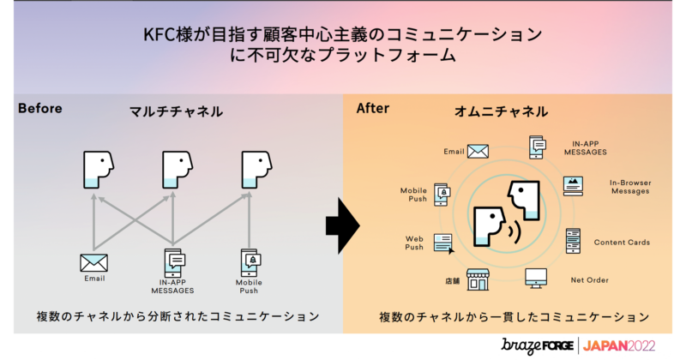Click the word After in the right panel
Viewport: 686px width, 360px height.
click(372, 109)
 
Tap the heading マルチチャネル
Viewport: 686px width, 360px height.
click(176, 111)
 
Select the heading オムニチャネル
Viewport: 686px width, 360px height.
click(502, 112)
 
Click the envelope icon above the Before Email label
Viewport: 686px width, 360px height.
click(93, 262)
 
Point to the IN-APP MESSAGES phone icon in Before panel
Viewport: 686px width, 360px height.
click(174, 261)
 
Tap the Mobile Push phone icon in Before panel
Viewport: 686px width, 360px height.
click(250, 261)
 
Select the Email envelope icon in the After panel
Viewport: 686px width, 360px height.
click(478, 151)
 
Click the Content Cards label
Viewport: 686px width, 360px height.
click(622, 243)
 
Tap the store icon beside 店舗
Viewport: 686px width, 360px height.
click(478, 279)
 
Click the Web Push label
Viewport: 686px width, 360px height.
click(414, 243)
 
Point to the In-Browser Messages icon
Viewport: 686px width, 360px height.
click(574, 185)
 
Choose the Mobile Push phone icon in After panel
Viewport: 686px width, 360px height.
click(441, 194)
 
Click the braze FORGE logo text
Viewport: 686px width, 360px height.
click(538, 345)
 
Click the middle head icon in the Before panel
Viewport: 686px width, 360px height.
click(177, 170)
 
